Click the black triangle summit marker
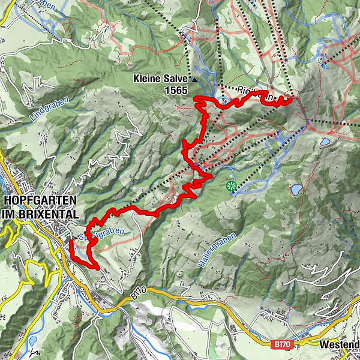pos(195,79)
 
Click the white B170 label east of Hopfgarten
pos(137,294)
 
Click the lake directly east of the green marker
pos(296,190)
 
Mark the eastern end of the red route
pos(291,99)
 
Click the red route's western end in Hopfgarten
pos(71,242)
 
